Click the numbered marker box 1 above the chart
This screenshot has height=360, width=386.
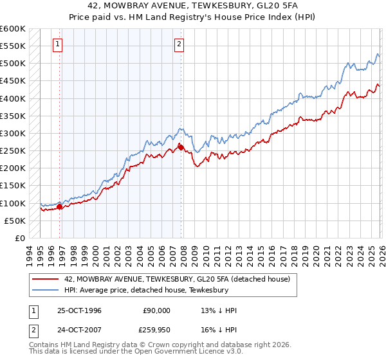pyautogui.click(x=59, y=44)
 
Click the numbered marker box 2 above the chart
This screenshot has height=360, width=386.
pyautogui.click(x=179, y=44)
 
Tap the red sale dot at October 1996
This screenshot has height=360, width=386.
pyautogui.click(x=59, y=206)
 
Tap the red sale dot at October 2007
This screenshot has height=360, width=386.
pyautogui.click(x=181, y=147)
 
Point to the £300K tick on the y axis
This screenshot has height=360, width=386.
pyautogui.click(x=13, y=133)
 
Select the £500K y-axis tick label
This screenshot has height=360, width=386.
pyautogui.click(x=13, y=64)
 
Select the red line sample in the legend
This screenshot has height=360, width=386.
pyautogui.click(x=45, y=279)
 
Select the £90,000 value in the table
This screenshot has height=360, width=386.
pyautogui.click(x=157, y=310)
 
